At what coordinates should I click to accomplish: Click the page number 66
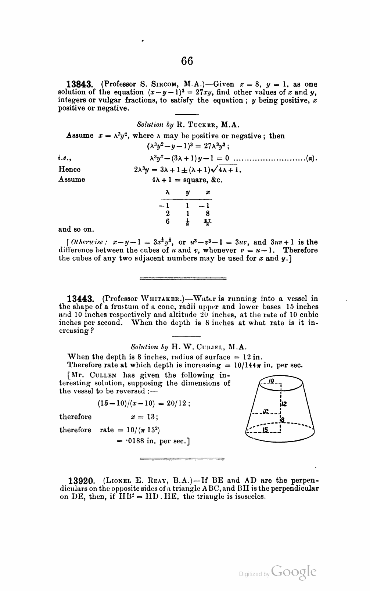(x=187, y=61)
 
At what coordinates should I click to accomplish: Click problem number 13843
(x=81, y=84)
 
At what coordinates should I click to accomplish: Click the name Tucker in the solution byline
(x=202, y=125)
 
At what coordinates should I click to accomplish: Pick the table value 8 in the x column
(x=208, y=213)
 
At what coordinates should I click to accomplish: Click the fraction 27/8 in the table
(x=208, y=222)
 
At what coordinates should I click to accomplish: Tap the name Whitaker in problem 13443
(x=164, y=299)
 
